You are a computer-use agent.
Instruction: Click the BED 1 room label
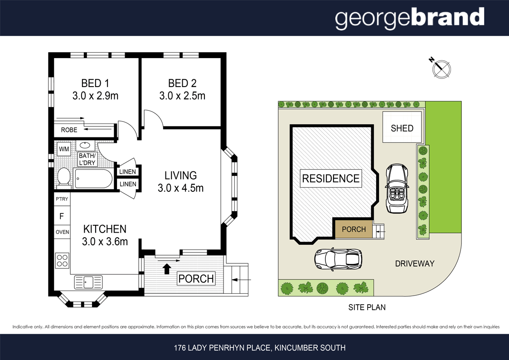(x=95, y=83)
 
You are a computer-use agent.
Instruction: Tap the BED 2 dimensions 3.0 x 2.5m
(x=182, y=96)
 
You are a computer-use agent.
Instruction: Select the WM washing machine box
(x=64, y=149)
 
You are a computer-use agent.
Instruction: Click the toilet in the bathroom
(x=64, y=177)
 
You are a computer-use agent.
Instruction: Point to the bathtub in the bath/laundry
(x=93, y=178)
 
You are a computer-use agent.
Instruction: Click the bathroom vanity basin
(x=86, y=146)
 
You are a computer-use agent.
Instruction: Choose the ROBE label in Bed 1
(x=69, y=130)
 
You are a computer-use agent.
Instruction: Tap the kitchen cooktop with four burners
(x=62, y=260)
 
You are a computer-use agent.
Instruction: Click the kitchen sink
(x=88, y=282)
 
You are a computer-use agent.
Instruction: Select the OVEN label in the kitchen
(x=63, y=232)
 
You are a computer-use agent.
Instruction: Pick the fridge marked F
(x=62, y=216)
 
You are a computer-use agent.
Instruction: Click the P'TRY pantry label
(x=62, y=199)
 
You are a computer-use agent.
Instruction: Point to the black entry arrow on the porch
(x=167, y=269)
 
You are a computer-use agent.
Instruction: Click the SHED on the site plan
(x=402, y=127)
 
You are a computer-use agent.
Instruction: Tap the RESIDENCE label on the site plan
(x=331, y=178)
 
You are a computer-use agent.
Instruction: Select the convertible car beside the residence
(x=397, y=188)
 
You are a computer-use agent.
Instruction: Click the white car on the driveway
(x=338, y=259)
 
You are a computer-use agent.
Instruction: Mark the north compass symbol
(x=441, y=68)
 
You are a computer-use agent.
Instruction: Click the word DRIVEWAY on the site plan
(x=415, y=263)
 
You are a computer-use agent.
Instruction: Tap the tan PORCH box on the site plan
(x=354, y=229)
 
